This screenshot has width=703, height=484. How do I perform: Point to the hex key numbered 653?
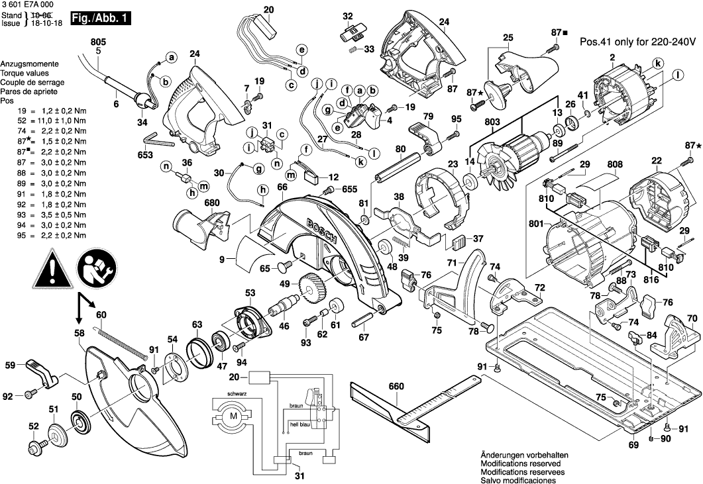point(157,140)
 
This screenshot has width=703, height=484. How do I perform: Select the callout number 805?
point(98,42)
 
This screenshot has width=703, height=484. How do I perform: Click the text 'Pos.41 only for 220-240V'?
point(638,41)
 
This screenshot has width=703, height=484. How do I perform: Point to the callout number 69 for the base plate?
point(633,445)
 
